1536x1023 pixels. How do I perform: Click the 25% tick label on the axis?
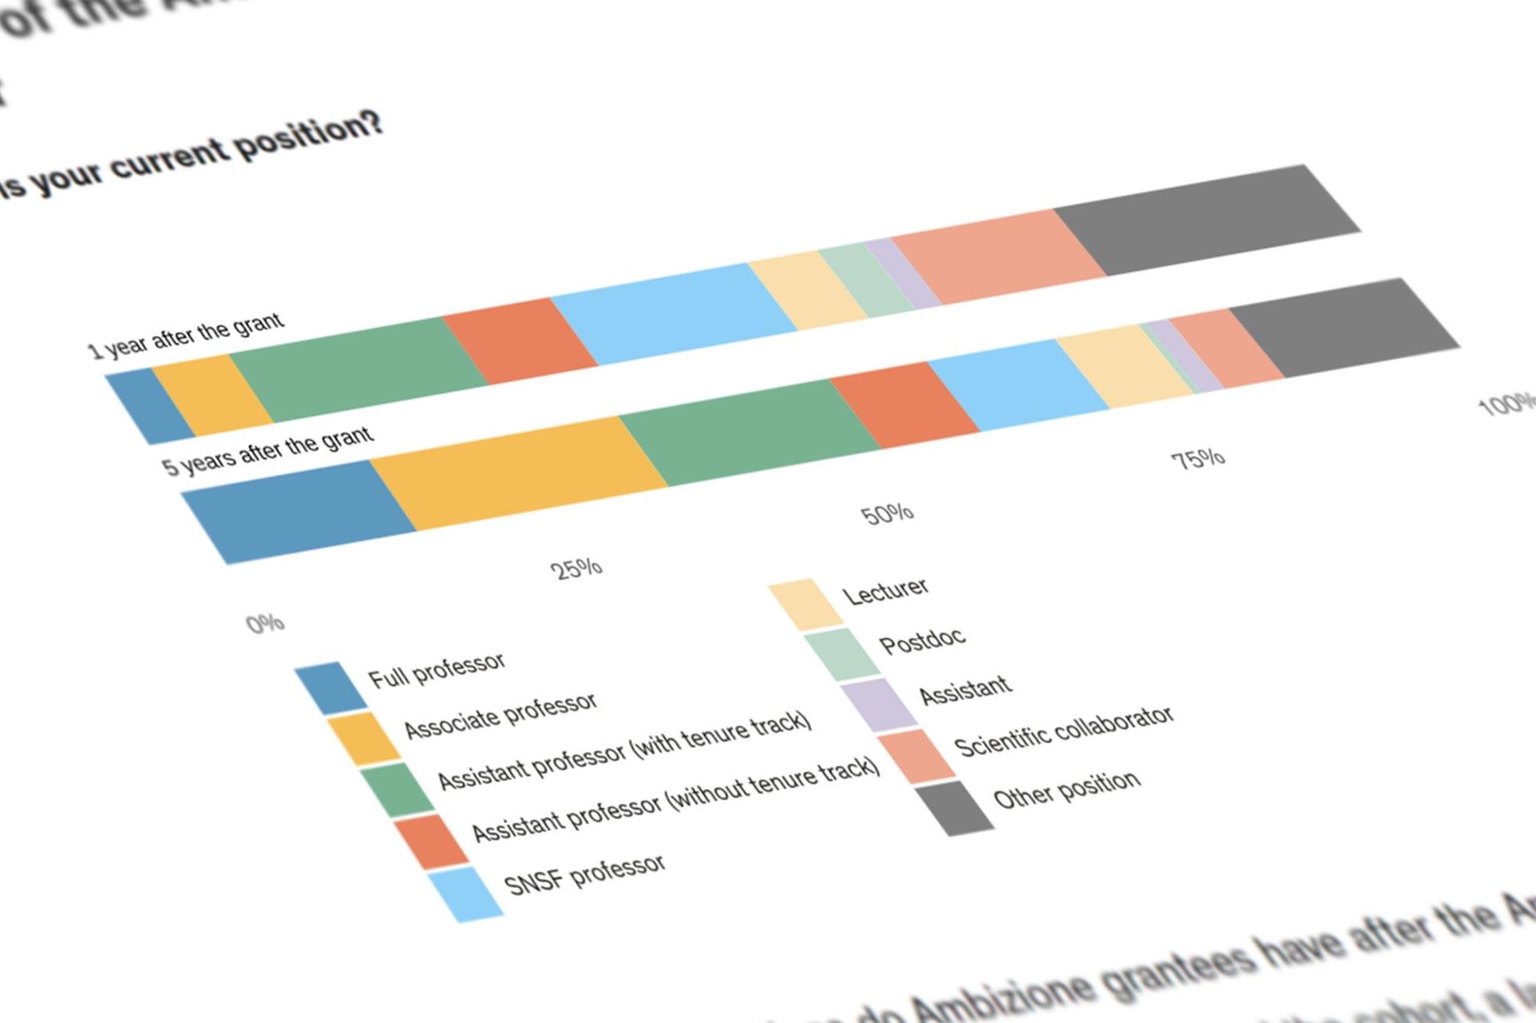577,569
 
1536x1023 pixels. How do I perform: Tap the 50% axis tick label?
887,513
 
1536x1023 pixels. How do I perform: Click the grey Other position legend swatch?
955,807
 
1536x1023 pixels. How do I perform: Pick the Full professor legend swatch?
332,688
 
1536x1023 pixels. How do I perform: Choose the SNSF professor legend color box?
465,894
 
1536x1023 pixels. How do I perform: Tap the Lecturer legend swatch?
806,604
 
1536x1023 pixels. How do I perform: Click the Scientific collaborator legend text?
1064,731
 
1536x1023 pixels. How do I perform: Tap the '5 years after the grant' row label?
268,451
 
